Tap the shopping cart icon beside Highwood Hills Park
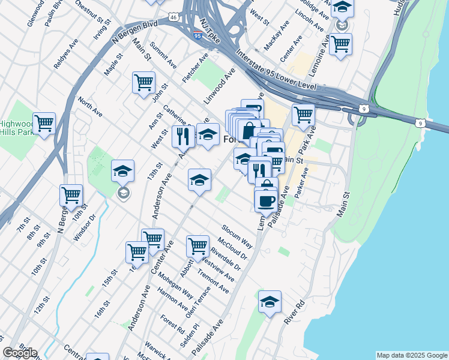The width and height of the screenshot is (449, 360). coord(44,124)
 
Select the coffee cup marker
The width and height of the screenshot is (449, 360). coord(265,200)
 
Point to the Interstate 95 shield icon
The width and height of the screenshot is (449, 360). coord(198,35)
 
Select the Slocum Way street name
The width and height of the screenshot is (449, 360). coord(237,236)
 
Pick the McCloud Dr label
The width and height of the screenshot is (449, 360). coord(234,249)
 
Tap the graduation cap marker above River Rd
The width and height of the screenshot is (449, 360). coord(270,302)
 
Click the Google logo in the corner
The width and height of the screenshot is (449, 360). coord(19,353)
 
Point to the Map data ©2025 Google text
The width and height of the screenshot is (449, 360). coord(412,355)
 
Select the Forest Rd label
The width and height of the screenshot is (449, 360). coord(172,324)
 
